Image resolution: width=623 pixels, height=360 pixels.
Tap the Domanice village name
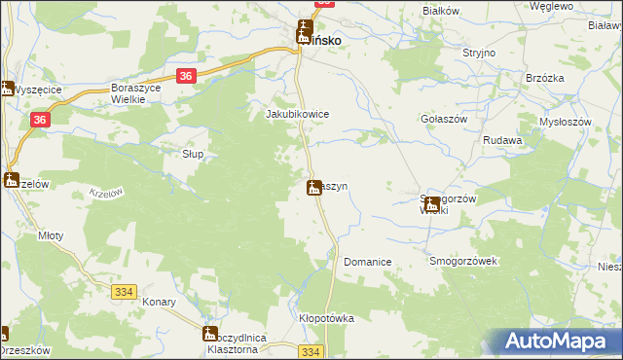click(367, 263)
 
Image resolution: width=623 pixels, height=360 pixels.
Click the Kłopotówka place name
click(325, 318)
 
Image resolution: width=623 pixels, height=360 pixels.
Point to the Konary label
click(159, 302)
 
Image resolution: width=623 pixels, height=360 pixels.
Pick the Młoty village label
click(51, 234)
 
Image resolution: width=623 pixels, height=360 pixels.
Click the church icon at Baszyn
click(314, 187)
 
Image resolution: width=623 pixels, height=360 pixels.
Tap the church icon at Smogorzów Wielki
click(431, 203)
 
